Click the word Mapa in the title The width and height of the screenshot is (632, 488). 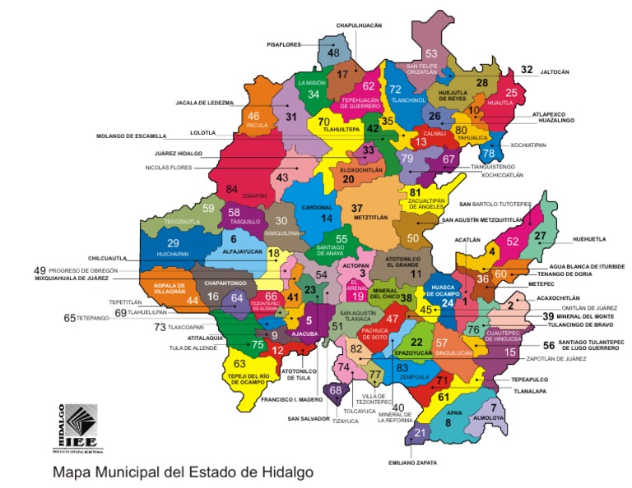point(72,473)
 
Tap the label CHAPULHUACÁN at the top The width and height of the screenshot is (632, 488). point(359,25)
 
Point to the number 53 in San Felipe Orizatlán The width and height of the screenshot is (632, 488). point(430,54)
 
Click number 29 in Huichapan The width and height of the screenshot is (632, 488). point(173,243)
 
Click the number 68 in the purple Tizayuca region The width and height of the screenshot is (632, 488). point(335,390)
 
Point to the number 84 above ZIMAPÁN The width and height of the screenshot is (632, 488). point(232,188)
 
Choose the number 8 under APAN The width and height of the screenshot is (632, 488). point(448,422)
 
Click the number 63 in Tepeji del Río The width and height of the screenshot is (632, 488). point(239,363)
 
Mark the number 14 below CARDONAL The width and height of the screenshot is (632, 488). point(327,218)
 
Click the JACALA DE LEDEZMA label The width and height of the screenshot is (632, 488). point(205,104)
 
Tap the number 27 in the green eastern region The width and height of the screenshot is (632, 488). point(540,236)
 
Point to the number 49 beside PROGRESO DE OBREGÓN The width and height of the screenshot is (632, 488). point(39,270)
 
